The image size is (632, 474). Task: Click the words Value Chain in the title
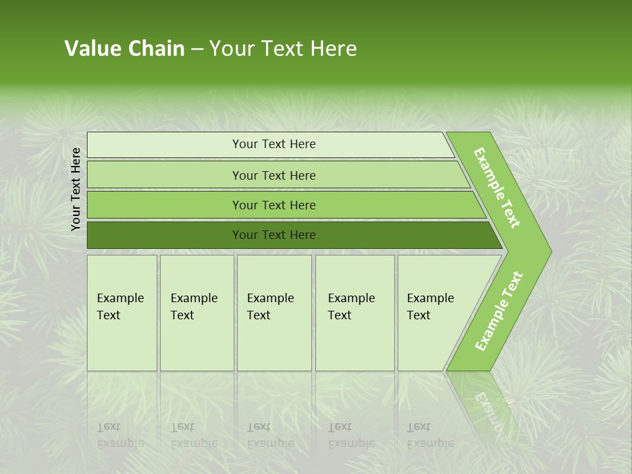[x=124, y=49]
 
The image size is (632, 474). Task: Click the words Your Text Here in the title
[x=282, y=49]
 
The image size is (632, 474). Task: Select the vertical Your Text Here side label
[x=76, y=189]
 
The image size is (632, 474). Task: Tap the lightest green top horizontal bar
[x=165, y=145]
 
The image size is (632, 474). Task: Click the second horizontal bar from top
[x=165, y=175]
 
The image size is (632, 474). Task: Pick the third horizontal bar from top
[x=165, y=205]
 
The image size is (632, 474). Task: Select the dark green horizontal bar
[x=165, y=235]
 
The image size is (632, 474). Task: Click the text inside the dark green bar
[x=274, y=235]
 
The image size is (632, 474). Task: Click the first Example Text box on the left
[x=122, y=313]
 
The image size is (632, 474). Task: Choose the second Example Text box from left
[x=196, y=313]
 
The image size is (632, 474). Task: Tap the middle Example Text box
[x=274, y=313]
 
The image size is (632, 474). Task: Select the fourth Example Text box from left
[x=354, y=313]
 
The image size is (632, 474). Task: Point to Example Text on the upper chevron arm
[x=497, y=188]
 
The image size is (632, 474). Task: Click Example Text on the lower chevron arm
[x=499, y=311]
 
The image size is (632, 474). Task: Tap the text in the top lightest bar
[x=274, y=144]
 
